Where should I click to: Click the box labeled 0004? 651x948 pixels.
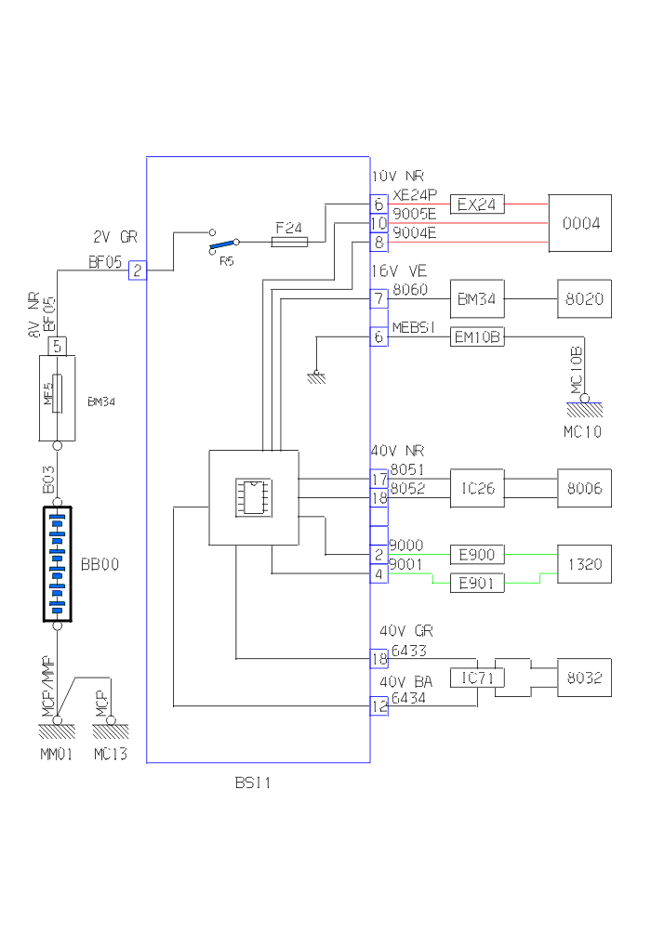579,223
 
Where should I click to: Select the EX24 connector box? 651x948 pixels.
477,204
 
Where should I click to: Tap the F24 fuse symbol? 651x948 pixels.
289,242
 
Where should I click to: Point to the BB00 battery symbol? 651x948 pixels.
58,564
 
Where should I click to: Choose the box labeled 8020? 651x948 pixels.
584,298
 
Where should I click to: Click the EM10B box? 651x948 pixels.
477,336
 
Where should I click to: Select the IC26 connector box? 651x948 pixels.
477,488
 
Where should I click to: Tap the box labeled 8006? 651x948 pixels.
584,488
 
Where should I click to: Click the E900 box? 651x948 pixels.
477,555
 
